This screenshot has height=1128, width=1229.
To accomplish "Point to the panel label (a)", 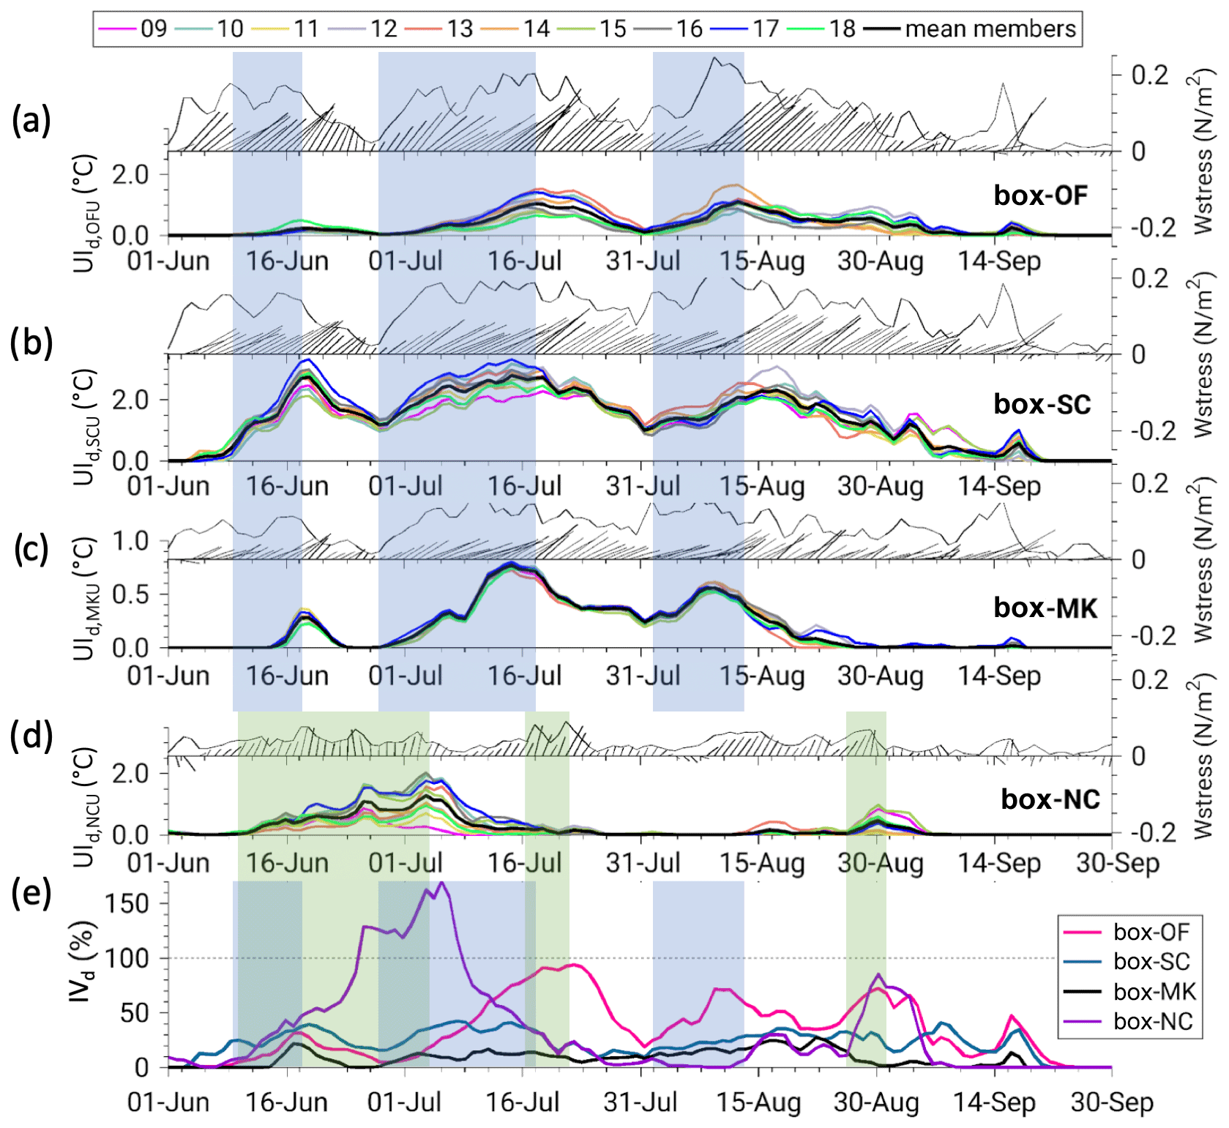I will click(31, 120).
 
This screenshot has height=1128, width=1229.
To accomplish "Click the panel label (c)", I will click(31, 549).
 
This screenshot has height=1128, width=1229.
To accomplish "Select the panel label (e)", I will click(31, 894).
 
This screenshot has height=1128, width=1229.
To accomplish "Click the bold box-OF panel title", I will click(1040, 195).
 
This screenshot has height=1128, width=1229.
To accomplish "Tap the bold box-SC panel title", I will click(1042, 404).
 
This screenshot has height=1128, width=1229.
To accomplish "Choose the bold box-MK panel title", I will click(1045, 608).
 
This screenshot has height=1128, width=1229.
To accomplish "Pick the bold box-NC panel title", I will click(1050, 799).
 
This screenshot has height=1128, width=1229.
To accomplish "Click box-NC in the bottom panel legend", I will click(1153, 1021).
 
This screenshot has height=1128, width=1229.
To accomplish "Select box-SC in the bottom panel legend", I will click(1151, 962).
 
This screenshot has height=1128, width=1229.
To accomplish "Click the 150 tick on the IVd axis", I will click(127, 903).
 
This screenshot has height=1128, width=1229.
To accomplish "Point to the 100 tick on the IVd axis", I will click(127, 958).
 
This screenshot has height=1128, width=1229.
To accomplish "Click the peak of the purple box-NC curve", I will click(441, 883).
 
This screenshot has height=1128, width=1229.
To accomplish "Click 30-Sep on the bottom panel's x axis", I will click(1112, 1102).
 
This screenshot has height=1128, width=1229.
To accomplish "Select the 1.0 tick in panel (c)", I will click(130, 542).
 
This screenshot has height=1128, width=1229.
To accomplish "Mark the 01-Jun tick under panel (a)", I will click(168, 261).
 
